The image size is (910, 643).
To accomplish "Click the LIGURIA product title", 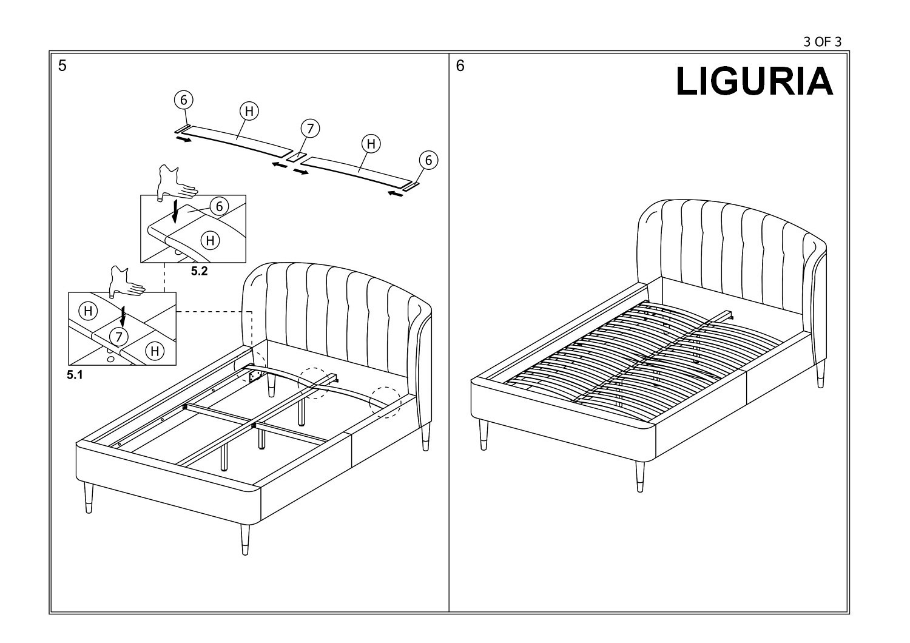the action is pyautogui.click(x=754, y=81).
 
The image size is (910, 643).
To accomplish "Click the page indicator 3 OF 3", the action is pyautogui.click(x=822, y=42).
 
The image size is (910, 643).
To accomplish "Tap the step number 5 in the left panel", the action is pyautogui.click(x=62, y=66).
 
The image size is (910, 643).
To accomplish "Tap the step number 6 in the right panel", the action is pyautogui.click(x=460, y=66).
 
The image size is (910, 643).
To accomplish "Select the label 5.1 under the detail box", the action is pyautogui.click(x=75, y=375).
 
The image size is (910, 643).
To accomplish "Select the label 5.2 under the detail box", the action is pyautogui.click(x=200, y=271).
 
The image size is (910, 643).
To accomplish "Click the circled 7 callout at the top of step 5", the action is pyautogui.click(x=311, y=129).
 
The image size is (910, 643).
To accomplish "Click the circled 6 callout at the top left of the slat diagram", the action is pyautogui.click(x=184, y=100).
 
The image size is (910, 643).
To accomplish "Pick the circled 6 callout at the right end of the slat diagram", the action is pyautogui.click(x=428, y=160).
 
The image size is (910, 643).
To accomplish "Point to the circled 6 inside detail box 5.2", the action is pyautogui.click(x=220, y=207).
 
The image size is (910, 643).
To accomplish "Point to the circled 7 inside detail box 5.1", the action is pyautogui.click(x=119, y=337).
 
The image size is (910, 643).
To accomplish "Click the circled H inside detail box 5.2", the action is pyautogui.click(x=211, y=241).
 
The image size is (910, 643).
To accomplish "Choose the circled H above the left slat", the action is pyautogui.click(x=249, y=111).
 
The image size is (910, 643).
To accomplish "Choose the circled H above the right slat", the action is pyautogui.click(x=371, y=144).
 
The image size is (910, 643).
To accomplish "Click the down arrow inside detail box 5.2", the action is pyautogui.click(x=175, y=211).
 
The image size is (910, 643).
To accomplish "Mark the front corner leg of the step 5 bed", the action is pyautogui.click(x=245, y=539).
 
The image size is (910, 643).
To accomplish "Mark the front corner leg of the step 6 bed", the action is pyautogui.click(x=640, y=477).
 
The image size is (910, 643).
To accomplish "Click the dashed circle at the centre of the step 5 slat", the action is pyautogui.click(x=314, y=383).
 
